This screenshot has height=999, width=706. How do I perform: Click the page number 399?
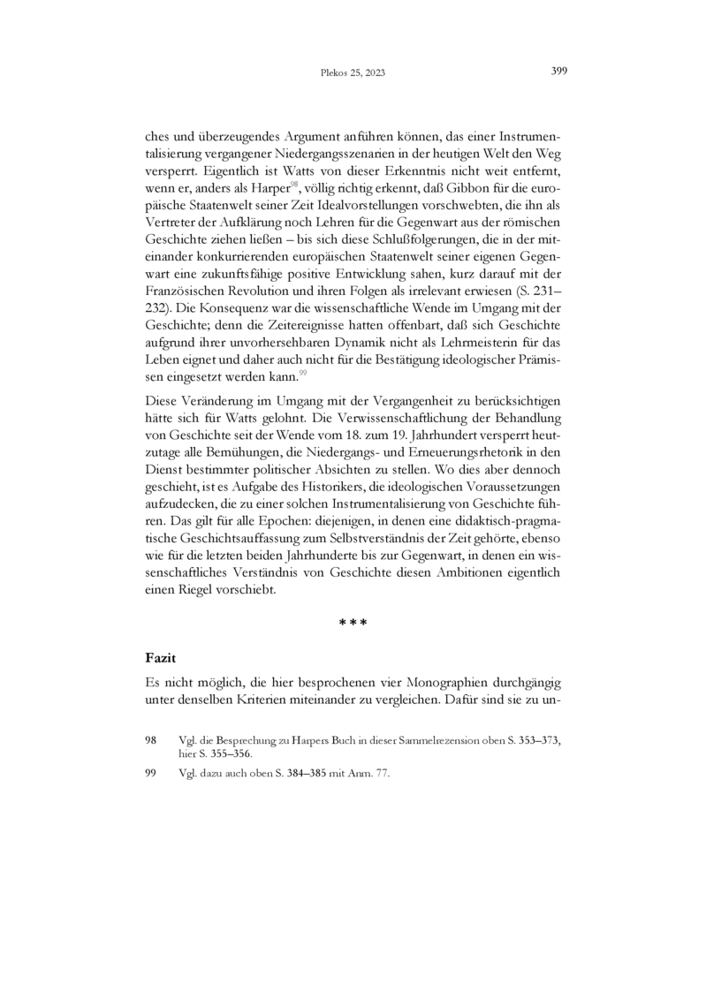(x=558, y=72)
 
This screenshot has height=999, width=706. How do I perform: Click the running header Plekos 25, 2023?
(x=353, y=73)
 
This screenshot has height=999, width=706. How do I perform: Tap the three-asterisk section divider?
(x=353, y=623)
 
